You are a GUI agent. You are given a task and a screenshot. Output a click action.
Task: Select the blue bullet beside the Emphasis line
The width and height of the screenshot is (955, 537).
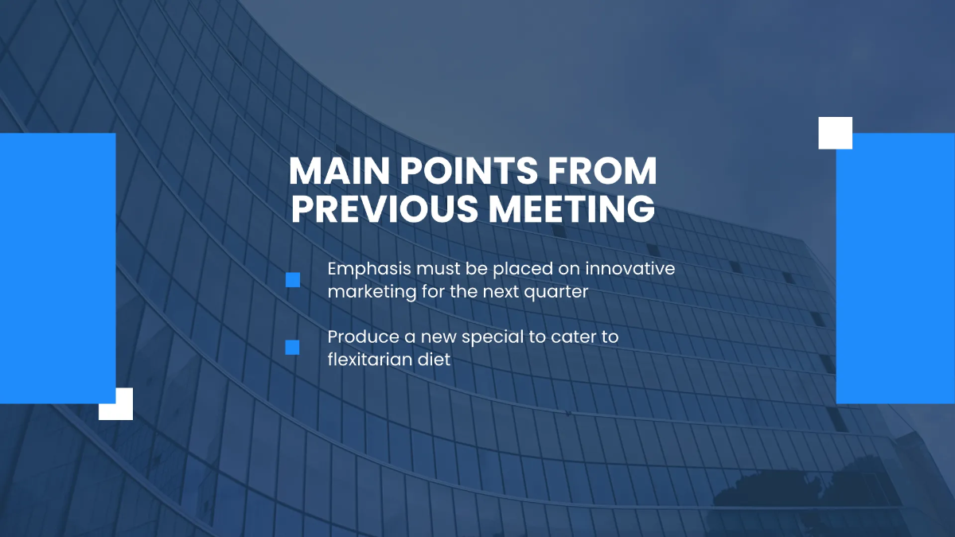click(x=293, y=280)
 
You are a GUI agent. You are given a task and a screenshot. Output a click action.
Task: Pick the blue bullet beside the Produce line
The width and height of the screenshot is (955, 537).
click(x=292, y=347)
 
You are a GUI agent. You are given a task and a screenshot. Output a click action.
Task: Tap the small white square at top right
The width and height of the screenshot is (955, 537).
click(x=836, y=133)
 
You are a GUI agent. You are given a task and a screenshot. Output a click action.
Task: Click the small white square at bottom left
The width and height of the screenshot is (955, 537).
click(x=116, y=403)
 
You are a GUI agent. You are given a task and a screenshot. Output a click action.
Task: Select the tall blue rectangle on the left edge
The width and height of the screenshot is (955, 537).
click(x=57, y=268)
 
